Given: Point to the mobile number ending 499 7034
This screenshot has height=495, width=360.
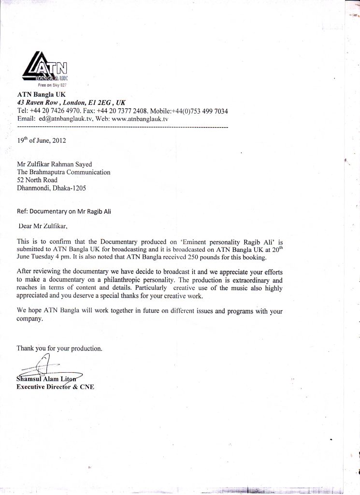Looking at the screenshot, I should point(207,111).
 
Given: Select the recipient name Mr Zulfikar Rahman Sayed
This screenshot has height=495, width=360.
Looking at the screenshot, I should point(54,164).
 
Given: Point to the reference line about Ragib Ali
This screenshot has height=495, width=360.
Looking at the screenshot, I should point(64,211).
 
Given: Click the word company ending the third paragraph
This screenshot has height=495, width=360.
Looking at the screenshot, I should point(30,319).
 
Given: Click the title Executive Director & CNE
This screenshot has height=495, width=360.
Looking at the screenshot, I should point(55,387).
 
